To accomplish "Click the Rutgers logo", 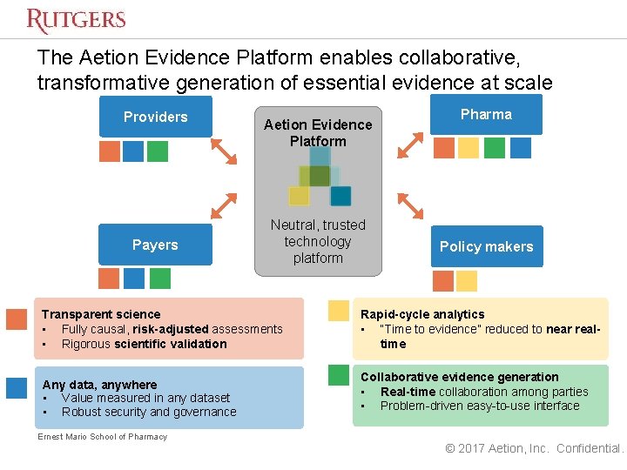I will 76,20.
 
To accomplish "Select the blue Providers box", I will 155,117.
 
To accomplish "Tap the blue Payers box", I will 155,245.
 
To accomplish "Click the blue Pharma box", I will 486,114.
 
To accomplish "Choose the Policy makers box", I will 486,246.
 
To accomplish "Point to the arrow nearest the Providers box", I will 225,151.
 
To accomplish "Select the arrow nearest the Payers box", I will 225,205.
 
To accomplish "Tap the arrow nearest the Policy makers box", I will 410,206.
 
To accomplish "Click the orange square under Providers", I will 109,151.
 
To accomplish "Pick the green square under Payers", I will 159,278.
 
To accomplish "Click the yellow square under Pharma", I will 469,148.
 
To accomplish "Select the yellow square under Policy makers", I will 467,280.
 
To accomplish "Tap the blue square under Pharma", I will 520,148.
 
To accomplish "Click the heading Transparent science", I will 101,314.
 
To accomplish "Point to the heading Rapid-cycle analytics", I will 422,314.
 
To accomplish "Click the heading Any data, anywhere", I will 99,385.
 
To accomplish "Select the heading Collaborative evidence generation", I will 459,377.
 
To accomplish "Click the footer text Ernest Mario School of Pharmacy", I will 102,436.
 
